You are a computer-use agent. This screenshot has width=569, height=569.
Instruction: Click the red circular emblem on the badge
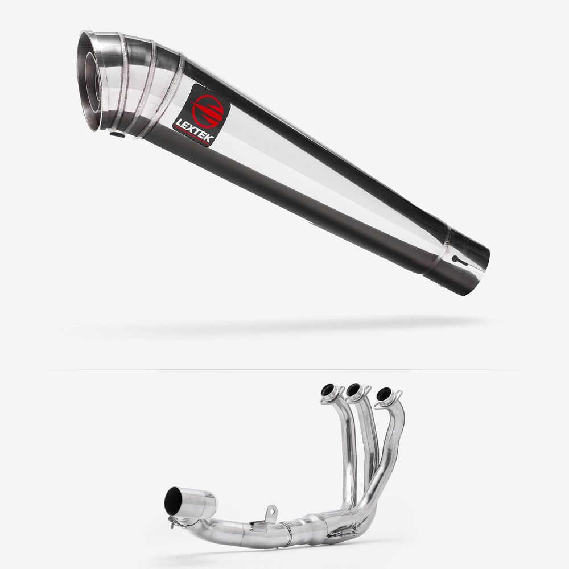click(208, 112)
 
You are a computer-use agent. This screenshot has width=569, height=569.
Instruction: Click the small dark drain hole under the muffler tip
click(117, 135)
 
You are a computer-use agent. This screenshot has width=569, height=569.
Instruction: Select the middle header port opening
click(353, 389)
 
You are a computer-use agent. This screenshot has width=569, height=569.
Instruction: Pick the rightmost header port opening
click(384, 394)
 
